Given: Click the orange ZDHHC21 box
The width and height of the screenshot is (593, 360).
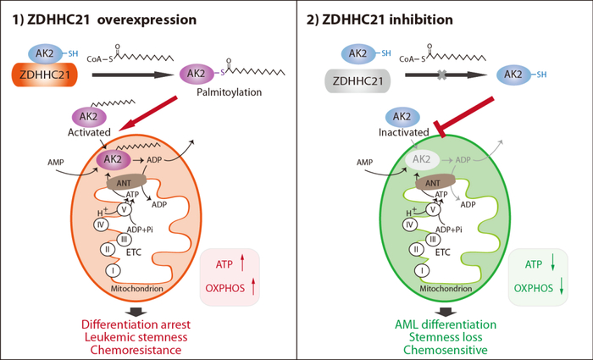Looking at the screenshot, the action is tap(45, 75).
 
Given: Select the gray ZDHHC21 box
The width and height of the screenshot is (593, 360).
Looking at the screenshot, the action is tap(357, 81).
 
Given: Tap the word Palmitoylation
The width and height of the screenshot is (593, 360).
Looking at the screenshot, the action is tap(230, 91).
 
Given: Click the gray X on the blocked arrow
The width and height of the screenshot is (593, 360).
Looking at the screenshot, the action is tap(441, 75).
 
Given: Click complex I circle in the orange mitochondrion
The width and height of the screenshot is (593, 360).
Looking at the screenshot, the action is tap(113, 271).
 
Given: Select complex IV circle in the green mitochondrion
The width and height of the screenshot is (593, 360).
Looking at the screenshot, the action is tap(409, 224).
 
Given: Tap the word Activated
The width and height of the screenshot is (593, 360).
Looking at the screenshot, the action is tap(89, 132).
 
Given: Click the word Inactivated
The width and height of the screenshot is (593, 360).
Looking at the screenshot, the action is tap(403, 132).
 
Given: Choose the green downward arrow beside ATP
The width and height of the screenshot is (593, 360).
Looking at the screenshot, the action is tap(553, 262).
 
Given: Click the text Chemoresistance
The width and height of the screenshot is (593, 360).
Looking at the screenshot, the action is tap(136, 350).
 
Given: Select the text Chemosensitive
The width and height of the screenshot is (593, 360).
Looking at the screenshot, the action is tap(445, 350).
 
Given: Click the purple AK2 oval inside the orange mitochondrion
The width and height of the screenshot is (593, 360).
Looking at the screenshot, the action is tap(114, 159).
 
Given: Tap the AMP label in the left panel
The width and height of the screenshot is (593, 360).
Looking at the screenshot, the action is tap(56, 163).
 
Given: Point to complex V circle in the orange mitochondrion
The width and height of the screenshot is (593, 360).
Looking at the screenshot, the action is tap(124, 209).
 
